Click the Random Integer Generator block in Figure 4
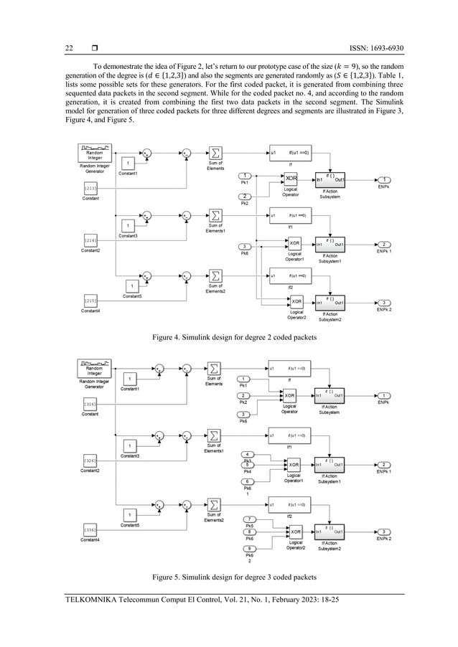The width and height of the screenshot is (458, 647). pos(94,154)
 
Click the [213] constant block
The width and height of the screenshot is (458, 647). pos(90,188)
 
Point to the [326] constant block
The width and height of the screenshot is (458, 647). pos(90,460)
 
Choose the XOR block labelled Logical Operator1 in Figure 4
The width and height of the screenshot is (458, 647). pos(293,244)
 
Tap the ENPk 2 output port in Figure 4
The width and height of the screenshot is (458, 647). pos(385,302)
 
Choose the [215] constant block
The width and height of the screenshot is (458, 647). pos(90,301)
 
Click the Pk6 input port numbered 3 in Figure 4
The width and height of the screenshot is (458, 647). pos(246,247)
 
